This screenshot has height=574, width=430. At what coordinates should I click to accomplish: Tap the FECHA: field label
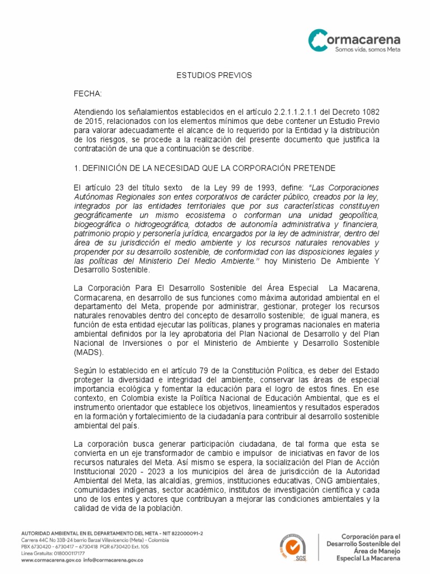tap(88, 94)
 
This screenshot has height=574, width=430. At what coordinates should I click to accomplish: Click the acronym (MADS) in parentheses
tap(88, 353)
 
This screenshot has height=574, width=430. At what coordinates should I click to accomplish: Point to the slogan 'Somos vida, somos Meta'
tap(367, 50)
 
